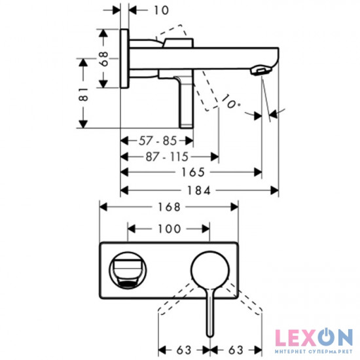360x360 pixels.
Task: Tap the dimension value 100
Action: point(168,230)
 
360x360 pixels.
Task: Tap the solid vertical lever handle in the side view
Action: point(187,101)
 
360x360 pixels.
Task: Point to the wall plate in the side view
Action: point(124,58)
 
